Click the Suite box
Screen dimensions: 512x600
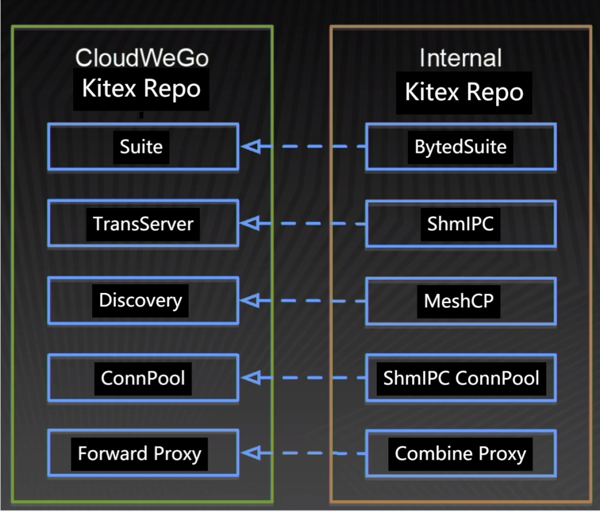coord(142,147)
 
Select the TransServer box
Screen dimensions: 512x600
coord(143,223)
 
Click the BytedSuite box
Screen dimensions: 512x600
coord(461,147)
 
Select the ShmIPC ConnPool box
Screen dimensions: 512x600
coord(461,378)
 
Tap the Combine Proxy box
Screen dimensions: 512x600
coord(461,454)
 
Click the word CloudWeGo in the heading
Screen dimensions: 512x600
coord(142,58)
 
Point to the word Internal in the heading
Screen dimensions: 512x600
coord(461,58)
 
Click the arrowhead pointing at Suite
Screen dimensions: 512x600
coord(250,147)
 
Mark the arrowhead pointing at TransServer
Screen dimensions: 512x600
coord(250,224)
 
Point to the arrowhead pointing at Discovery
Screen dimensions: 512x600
coord(250,301)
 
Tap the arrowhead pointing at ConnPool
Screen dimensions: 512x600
coord(250,378)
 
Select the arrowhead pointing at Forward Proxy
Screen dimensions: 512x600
coord(250,454)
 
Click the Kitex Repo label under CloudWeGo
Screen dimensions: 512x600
coord(142,88)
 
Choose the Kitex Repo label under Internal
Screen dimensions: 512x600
coord(464,92)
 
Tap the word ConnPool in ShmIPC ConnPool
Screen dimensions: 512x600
coord(497,378)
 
